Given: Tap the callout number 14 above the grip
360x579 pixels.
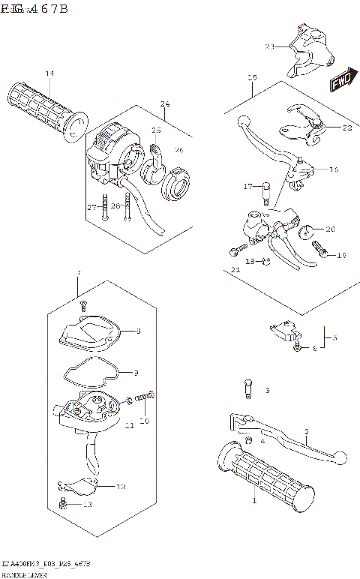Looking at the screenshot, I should [x=49, y=73].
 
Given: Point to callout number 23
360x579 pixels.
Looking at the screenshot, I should [x=270, y=46].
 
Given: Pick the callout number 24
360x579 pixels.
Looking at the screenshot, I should [x=165, y=103].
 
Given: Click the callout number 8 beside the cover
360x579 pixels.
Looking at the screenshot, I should [x=137, y=330].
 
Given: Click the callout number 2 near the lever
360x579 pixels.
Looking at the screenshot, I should [x=306, y=431].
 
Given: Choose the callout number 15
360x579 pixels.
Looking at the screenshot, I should [x=252, y=78].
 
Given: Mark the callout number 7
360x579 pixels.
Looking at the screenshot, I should [x=77, y=273].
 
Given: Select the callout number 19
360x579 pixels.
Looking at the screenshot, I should [x=341, y=256].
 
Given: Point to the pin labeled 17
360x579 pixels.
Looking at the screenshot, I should [x=265, y=192].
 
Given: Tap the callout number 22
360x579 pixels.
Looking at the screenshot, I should [x=346, y=127].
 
